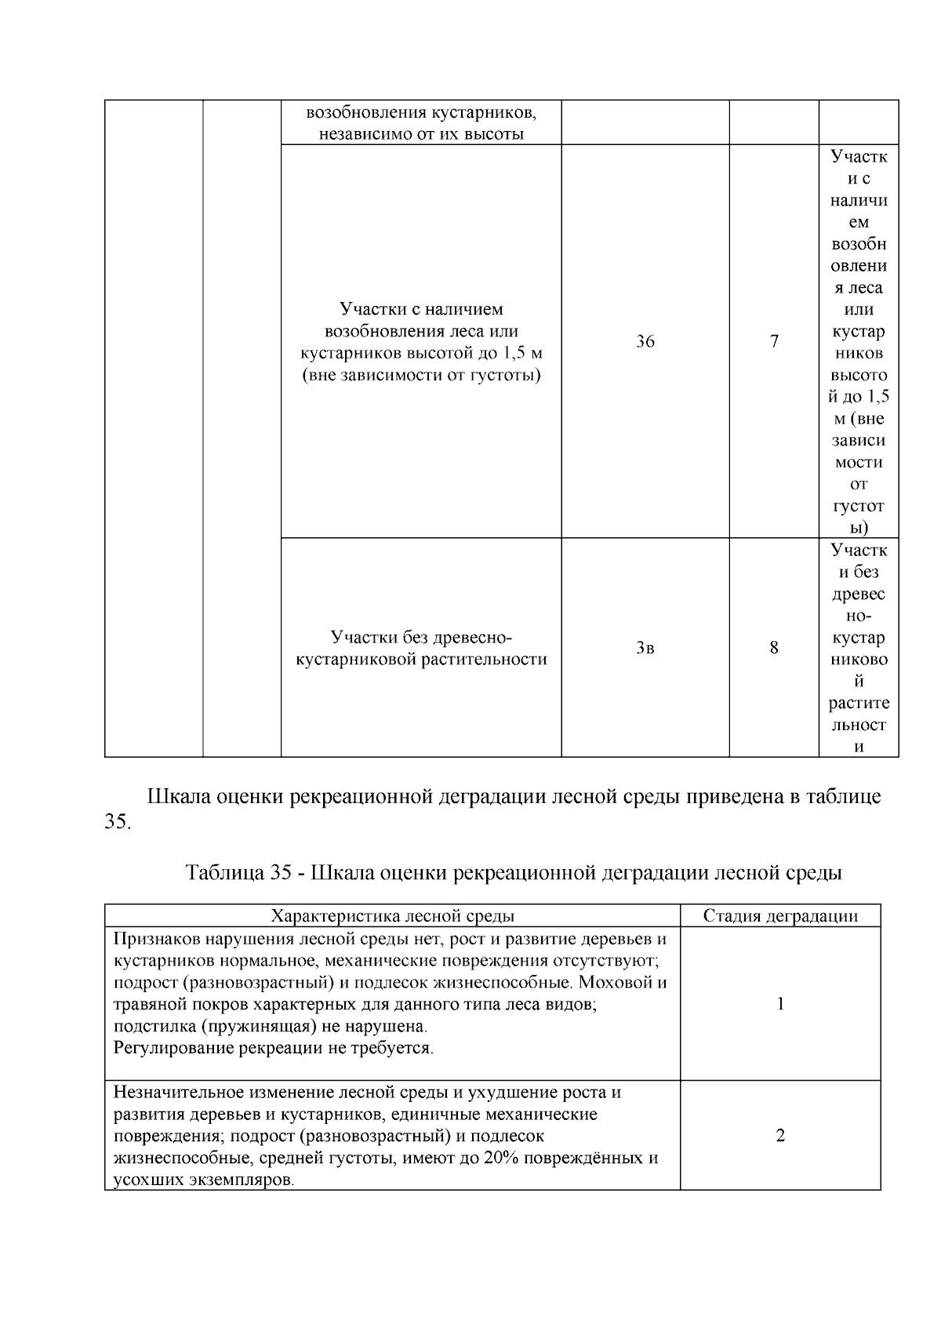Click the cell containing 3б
[x=645, y=341]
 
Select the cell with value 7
[x=774, y=341]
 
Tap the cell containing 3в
[x=645, y=648]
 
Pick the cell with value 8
[x=774, y=648]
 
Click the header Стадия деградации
[x=779, y=915]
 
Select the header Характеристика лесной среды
[x=392, y=915]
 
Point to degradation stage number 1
[x=780, y=1004]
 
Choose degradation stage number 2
[x=780, y=1136]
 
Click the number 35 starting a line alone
[x=118, y=824]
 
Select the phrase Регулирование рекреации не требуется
[x=273, y=1048]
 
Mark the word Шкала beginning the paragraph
[x=178, y=797]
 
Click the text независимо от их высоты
[x=421, y=134]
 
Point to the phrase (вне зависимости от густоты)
[x=421, y=376]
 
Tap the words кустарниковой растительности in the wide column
[x=421, y=660]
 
